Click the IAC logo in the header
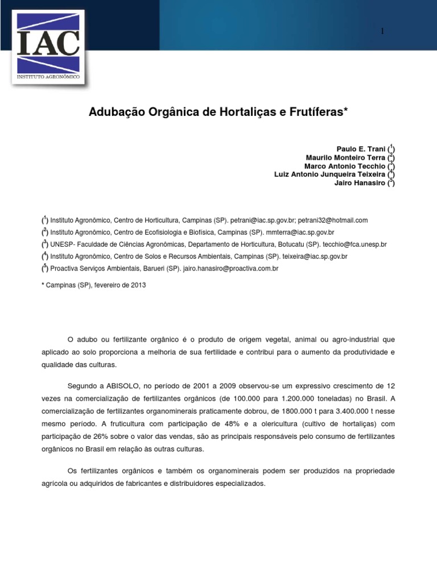pyautogui.click(x=48, y=47)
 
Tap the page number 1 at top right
pyautogui.click(x=383, y=31)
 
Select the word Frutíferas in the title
pyautogui.click(x=318, y=112)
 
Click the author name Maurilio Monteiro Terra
pyautogui.click(x=345, y=157)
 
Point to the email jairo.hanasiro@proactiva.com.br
pyautogui.click(x=230, y=268)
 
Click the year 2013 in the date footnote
pyautogui.click(x=138, y=285)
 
